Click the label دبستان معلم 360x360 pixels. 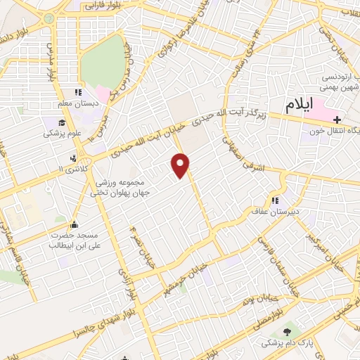tap(79, 103)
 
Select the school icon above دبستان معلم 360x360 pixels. tap(79, 92)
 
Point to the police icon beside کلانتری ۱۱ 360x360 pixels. tap(72, 158)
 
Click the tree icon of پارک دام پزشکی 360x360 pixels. tap(287, 332)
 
